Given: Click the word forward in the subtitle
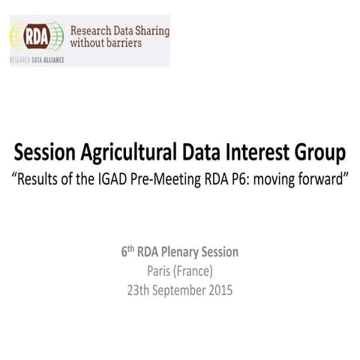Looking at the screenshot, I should (323, 181).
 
